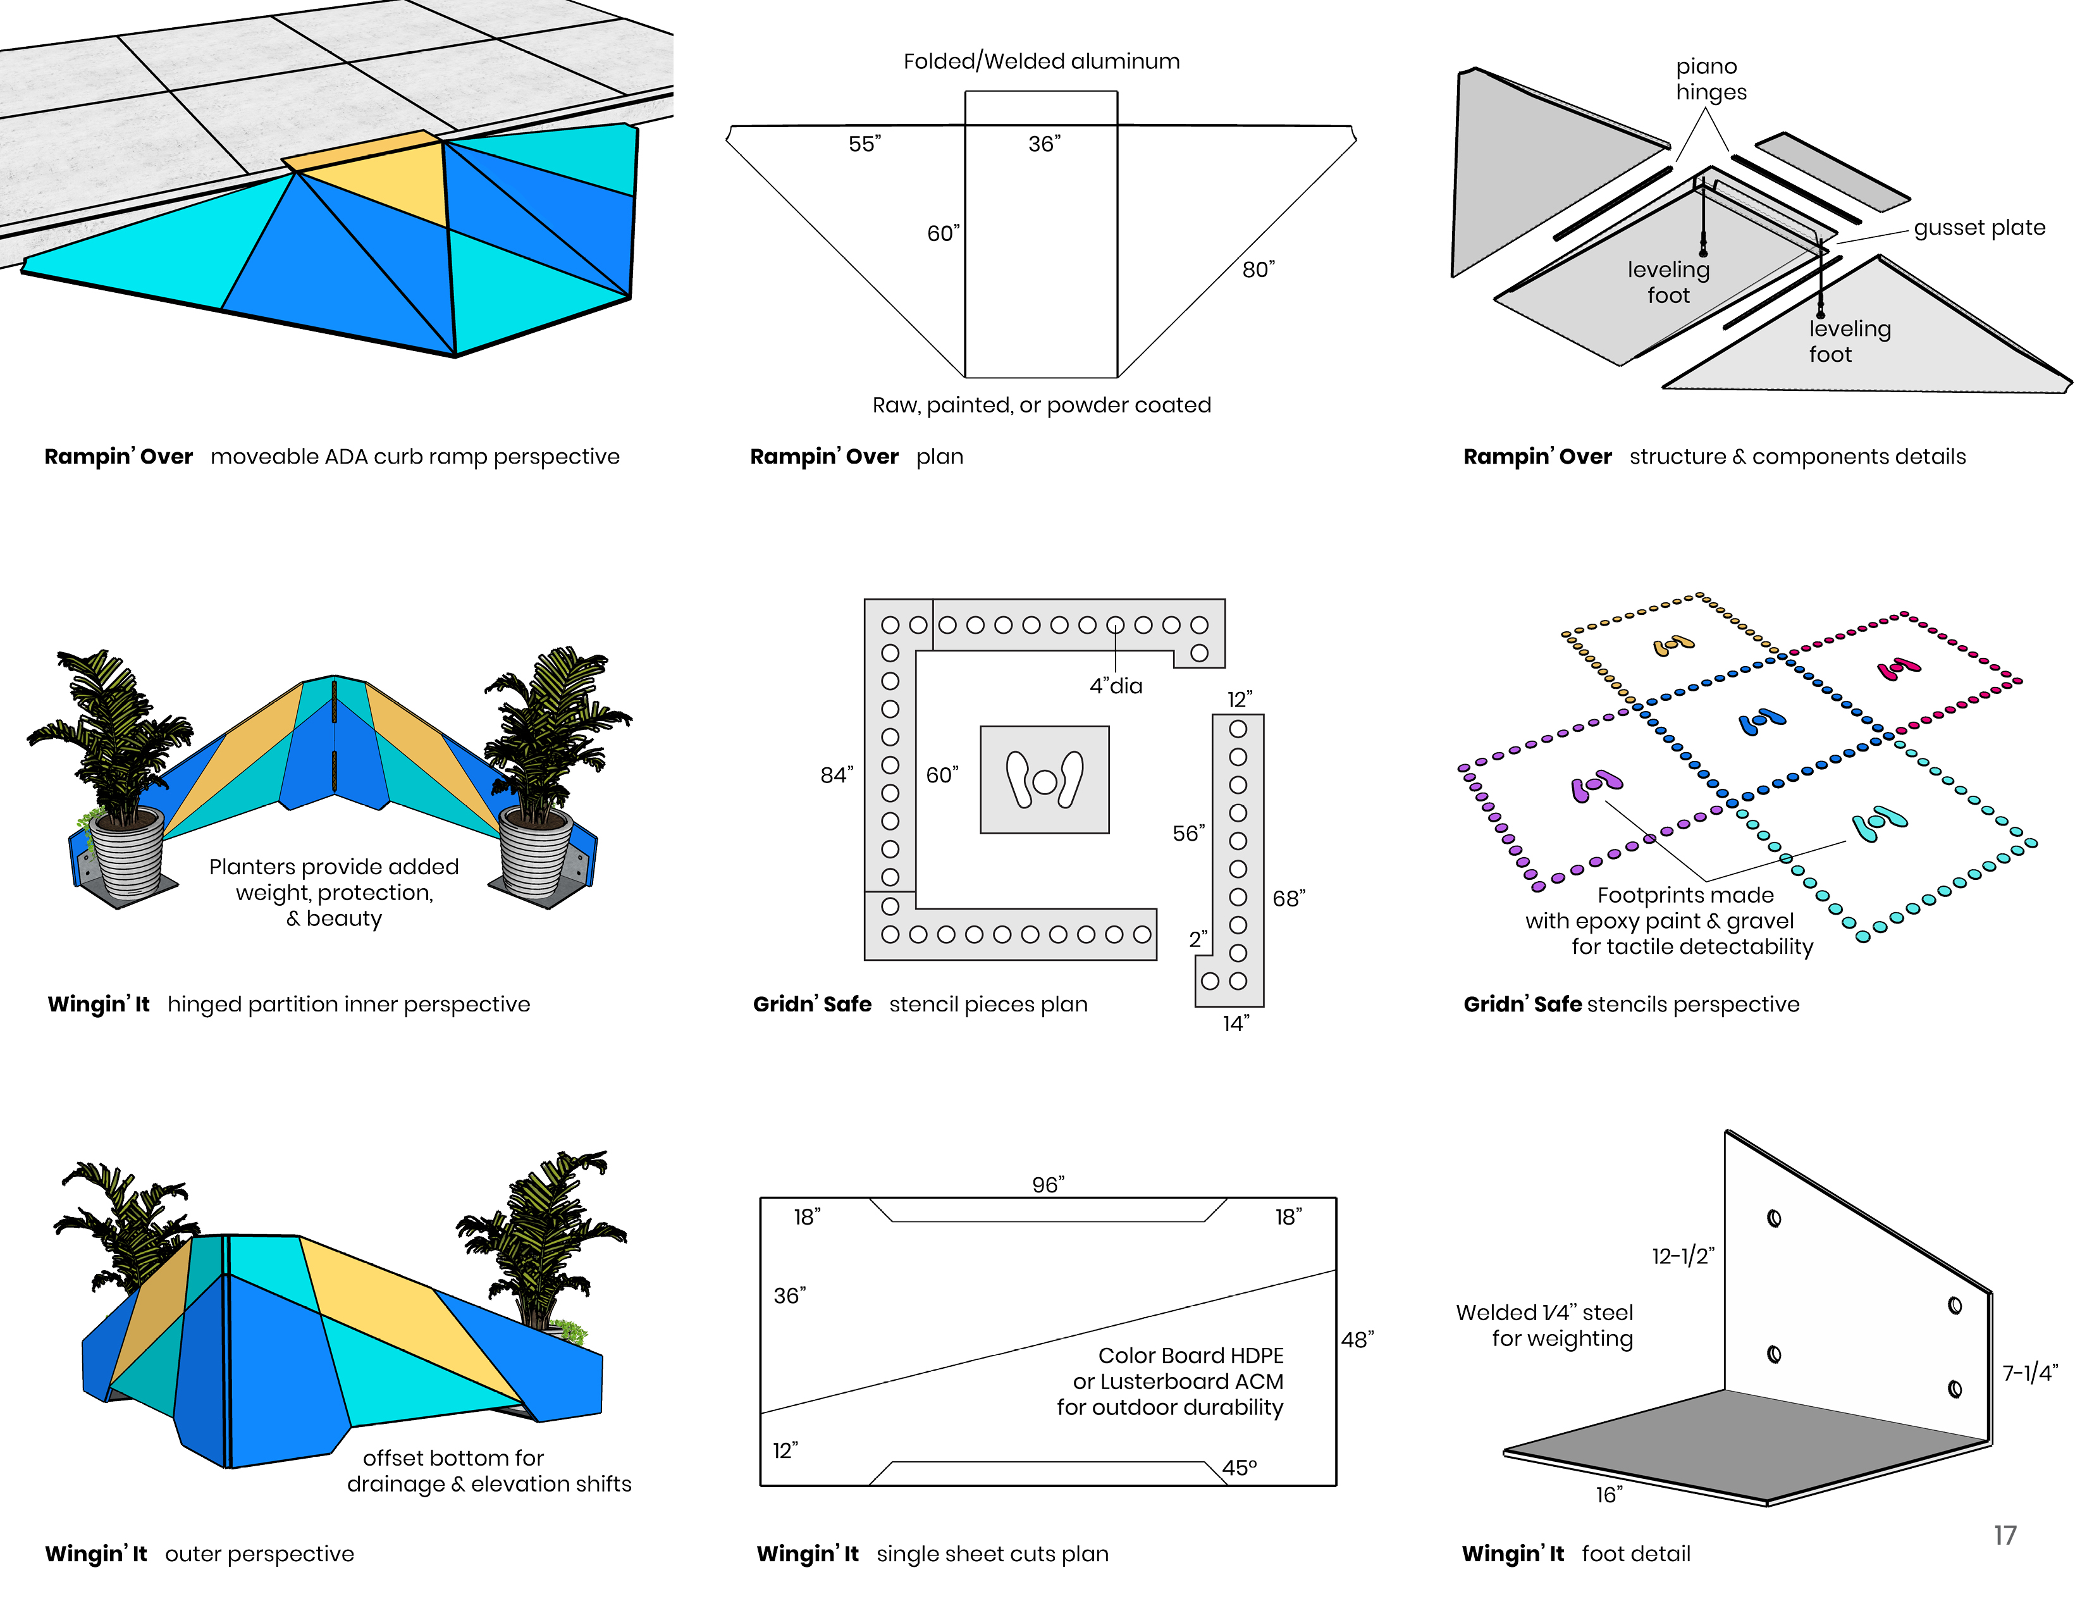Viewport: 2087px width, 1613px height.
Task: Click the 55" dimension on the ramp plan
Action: (865, 144)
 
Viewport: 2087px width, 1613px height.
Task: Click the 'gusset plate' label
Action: (1979, 228)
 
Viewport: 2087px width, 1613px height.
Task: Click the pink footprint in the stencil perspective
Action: (1899, 668)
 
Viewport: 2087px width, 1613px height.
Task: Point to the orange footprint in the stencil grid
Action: (1674, 646)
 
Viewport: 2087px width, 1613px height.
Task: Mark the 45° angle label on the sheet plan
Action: (1240, 1468)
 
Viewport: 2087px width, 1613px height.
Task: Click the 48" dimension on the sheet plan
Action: (1357, 1340)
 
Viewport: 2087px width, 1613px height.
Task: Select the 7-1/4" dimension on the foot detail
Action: (2029, 1373)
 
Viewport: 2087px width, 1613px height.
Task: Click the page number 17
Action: (2005, 1536)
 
